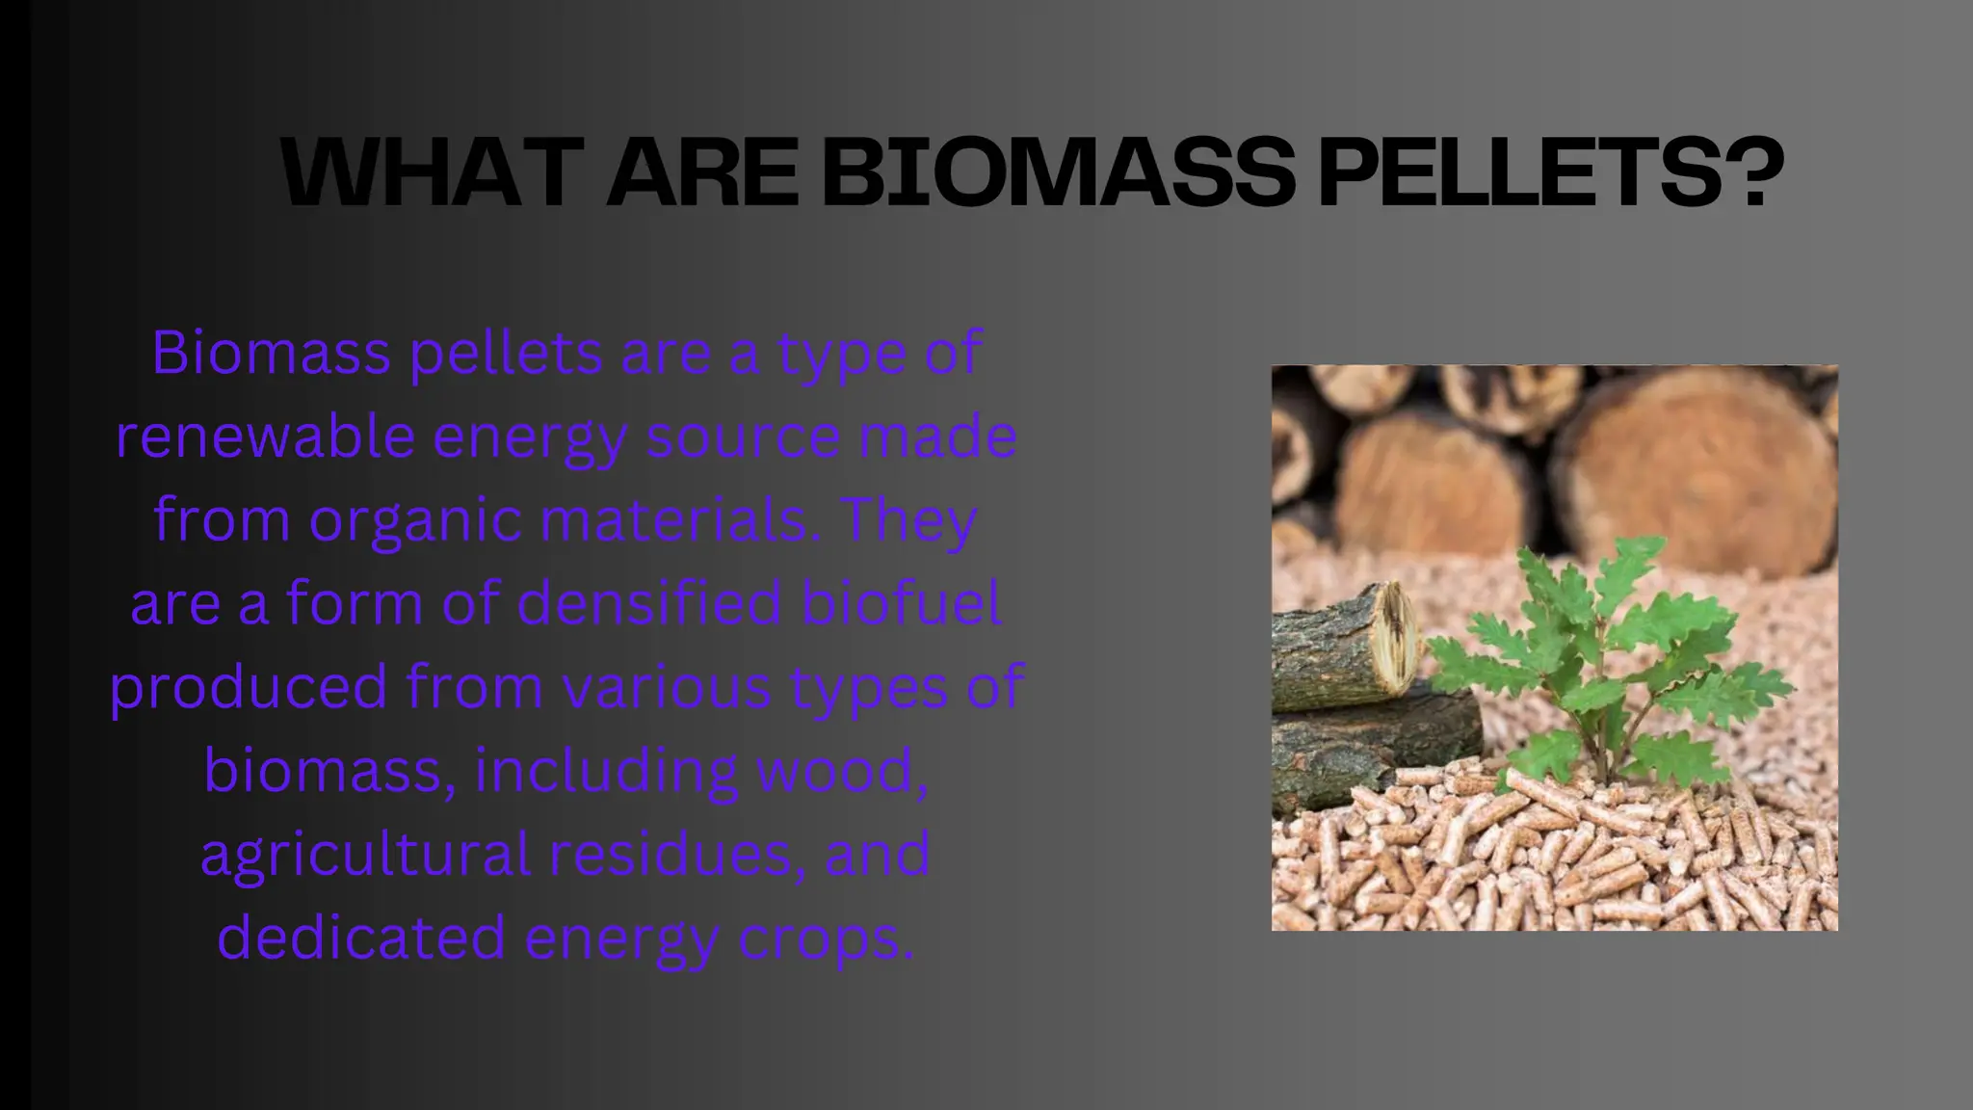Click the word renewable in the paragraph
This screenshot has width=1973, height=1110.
click(x=266, y=436)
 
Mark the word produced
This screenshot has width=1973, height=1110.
click(x=249, y=688)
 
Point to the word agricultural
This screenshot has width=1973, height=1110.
click(x=365, y=855)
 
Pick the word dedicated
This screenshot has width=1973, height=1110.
click(x=361, y=938)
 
